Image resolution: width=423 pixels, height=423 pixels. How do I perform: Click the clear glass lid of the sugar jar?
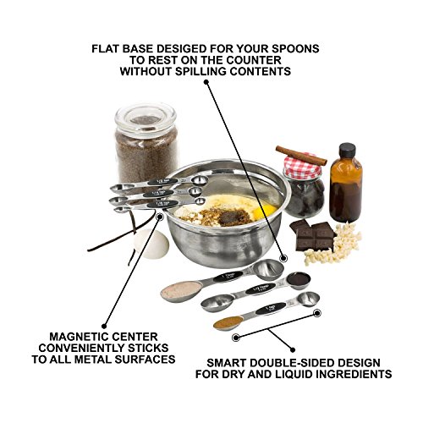(x=146, y=113)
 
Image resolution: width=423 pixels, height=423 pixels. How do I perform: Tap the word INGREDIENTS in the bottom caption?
(x=348, y=373)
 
